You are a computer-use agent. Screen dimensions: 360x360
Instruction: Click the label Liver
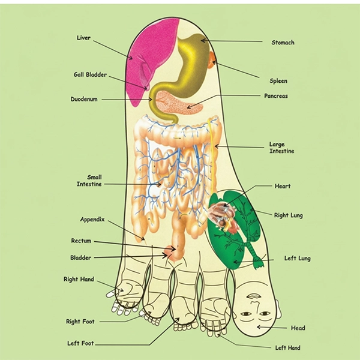click(83, 38)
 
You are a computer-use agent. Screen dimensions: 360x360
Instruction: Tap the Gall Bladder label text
click(90, 74)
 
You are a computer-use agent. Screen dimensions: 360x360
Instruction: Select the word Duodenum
click(84, 99)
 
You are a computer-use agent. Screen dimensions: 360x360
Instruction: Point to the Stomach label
click(283, 43)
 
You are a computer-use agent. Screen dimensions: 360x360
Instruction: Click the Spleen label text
click(278, 81)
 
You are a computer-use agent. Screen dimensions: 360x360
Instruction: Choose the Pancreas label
click(276, 96)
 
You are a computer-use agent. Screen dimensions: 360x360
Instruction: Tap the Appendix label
click(92, 220)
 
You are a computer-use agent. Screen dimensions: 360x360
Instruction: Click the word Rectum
click(81, 241)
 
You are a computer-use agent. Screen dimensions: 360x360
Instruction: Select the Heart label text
click(283, 186)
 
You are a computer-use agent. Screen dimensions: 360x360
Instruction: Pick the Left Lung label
click(298, 258)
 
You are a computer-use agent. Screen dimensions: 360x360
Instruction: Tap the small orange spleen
click(212, 60)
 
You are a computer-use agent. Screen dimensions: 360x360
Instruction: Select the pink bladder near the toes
click(170, 252)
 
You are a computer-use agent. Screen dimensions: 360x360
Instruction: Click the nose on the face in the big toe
click(253, 305)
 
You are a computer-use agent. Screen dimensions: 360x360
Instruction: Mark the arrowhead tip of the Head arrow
click(257, 327)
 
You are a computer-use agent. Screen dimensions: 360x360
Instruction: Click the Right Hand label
click(79, 279)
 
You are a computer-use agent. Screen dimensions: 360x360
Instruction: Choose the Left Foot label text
click(80, 343)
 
